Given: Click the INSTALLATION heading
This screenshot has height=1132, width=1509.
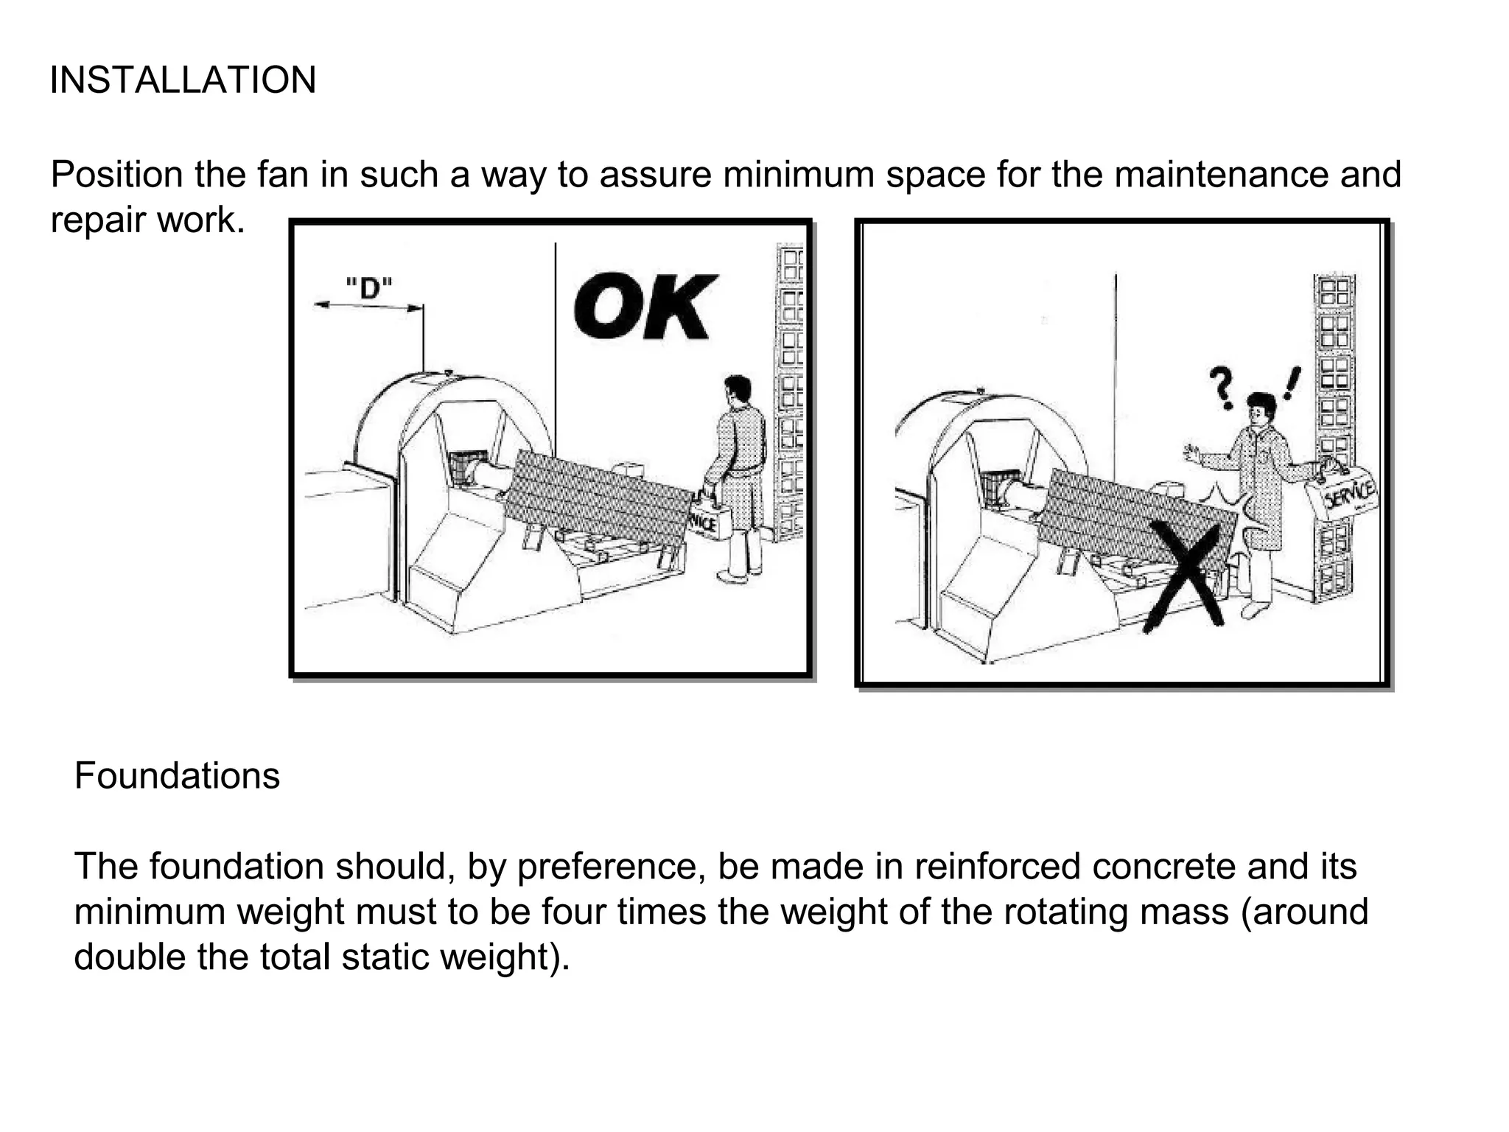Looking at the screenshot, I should (x=183, y=80).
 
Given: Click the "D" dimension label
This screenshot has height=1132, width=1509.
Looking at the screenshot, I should (x=368, y=287).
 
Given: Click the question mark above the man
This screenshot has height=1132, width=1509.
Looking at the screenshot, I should (x=1221, y=388).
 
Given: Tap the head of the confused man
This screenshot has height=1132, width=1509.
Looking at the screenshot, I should (x=1261, y=410).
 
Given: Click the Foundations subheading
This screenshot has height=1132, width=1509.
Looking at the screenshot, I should (x=177, y=776).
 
